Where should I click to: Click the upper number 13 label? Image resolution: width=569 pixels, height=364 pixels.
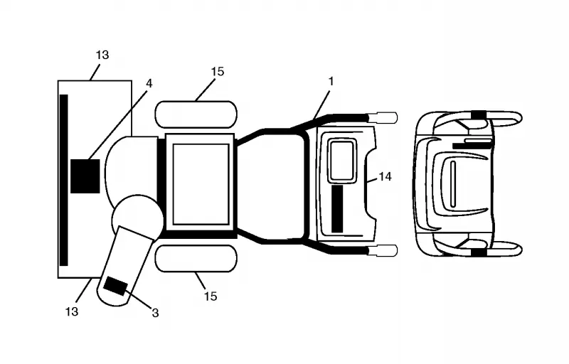click(x=102, y=55)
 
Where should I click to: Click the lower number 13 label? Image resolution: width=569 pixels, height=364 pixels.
click(x=72, y=311)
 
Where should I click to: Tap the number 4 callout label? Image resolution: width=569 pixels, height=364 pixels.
click(x=149, y=83)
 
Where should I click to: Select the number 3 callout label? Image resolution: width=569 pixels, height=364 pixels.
click(x=155, y=313)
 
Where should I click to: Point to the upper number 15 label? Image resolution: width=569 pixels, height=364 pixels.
click(x=218, y=71)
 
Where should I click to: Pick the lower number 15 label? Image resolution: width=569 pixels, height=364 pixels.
click(x=211, y=296)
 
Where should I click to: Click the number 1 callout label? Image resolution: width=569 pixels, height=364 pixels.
click(x=331, y=82)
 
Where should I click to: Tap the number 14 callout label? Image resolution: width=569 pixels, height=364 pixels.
click(x=385, y=176)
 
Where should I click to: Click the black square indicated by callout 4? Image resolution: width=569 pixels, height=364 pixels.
click(x=85, y=176)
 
